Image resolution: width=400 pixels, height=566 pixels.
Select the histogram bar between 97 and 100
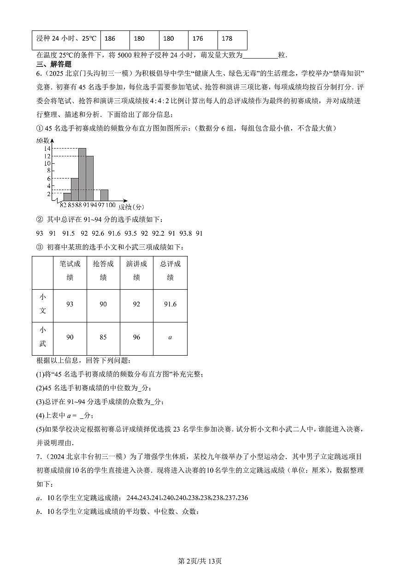point(104,195)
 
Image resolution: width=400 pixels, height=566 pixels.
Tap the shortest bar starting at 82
point(67,197)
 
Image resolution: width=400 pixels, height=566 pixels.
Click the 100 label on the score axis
point(111,205)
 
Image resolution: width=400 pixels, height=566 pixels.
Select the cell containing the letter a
point(170,338)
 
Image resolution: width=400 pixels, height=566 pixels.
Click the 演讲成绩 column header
point(136,271)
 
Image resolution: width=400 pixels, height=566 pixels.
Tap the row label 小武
point(42,337)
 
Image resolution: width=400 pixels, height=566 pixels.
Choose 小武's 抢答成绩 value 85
point(103,338)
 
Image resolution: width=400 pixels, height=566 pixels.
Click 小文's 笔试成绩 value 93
point(70,304)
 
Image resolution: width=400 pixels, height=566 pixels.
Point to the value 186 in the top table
point(110,39)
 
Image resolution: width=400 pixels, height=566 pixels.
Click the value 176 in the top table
point(198,39)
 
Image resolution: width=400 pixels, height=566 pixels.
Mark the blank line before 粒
point(260,55)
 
